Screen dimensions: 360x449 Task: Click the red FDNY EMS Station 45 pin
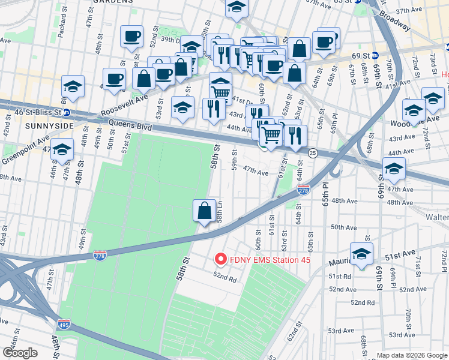tap(220, 259)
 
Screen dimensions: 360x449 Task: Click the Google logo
tap(20, 353)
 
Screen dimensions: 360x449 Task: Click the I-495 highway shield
tap(64, 325)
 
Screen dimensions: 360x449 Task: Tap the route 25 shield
tap(313, 154)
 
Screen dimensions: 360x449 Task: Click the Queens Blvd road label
tap(130, 125)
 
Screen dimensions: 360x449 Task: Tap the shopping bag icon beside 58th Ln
tap(204, 211)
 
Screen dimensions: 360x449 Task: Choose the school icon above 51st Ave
tap(361, 254)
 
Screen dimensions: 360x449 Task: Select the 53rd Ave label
tap(342, 330)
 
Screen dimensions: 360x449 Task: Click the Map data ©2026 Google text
tap(412, 355)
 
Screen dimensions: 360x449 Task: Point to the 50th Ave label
tap(344, 227)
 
